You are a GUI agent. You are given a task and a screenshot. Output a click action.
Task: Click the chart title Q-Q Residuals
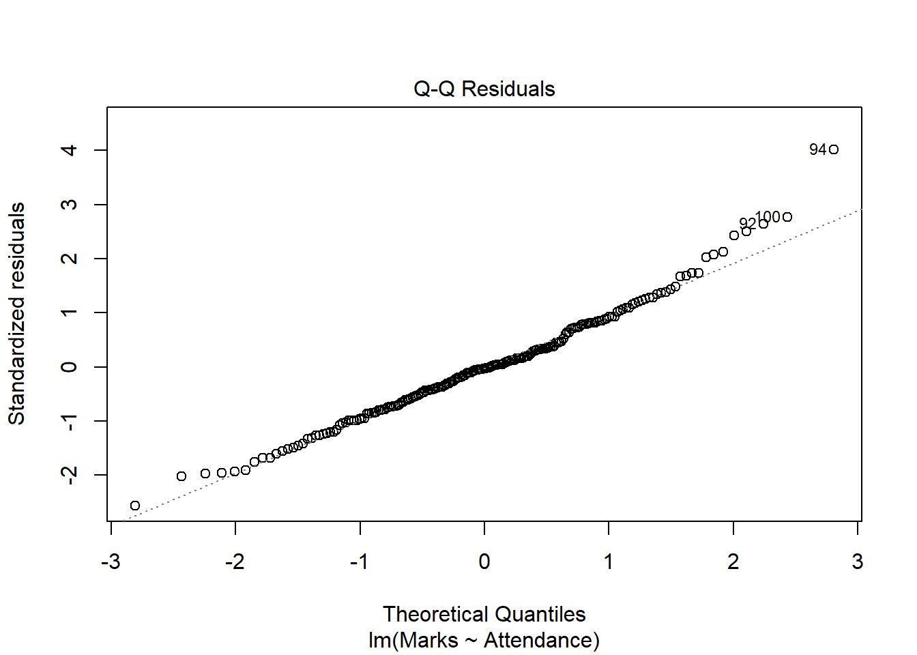(x=484, y=89)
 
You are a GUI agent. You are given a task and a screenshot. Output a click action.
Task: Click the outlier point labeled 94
(x=833, y=149)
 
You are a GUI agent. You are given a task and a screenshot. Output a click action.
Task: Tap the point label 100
(x=768, y=217)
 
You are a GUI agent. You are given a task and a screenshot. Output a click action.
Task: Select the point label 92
(x=747, y=224)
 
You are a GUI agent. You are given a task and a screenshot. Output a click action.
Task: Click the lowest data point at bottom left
(x=135, y=506)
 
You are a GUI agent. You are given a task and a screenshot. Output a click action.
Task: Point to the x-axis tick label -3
(x=111, y=562)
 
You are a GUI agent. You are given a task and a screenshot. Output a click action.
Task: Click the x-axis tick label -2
(x=235, y=562)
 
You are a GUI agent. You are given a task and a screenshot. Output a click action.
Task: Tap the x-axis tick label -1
(x=360, y=562)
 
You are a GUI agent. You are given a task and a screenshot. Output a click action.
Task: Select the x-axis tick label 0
(x=484, y=562)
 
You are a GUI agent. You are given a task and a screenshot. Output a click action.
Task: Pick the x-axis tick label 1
(x=609, y=562)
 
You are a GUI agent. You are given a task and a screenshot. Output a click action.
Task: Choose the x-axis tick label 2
(x=733, y=562)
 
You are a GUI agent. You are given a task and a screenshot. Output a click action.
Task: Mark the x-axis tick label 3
(x=858, y=562)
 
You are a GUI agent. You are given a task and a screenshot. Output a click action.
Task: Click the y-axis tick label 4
(x=69, y=150)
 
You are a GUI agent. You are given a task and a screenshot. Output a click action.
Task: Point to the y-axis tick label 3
(x=69, y=204)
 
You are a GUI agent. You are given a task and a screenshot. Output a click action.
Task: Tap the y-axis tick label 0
(x=69, y=367)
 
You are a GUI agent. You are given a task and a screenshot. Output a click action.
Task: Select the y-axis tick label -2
(x=69, y=474)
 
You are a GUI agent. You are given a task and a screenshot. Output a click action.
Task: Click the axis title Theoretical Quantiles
(x=484, y=614)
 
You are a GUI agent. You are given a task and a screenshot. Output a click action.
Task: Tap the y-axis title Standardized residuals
(x=16, y=314)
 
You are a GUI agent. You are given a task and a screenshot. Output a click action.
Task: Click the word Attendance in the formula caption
(x=538, y=641)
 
